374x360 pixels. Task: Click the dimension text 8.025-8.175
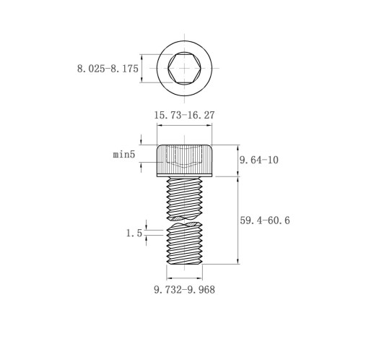point(108,69)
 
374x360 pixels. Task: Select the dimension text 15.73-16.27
point(184,115)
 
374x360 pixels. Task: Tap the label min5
point(124,154)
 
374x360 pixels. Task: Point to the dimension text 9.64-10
point(259,160)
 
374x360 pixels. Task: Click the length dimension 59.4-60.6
point(265,220)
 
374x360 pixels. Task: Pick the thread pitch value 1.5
point(134,233)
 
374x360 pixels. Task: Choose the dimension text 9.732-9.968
point(184,289)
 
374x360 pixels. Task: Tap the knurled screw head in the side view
point(184,159)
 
